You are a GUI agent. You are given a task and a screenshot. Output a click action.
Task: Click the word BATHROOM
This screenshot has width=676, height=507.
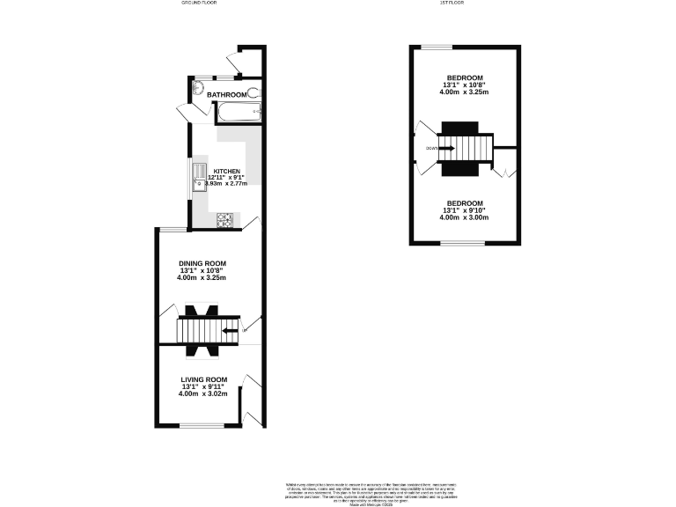click(226, 94)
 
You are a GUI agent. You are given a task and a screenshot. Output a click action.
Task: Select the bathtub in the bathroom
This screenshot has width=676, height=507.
click(236, 111)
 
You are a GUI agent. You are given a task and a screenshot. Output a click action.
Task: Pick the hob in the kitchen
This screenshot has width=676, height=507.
click(225, 219)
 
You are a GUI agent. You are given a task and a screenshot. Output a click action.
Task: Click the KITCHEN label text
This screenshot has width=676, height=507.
click(226, 171)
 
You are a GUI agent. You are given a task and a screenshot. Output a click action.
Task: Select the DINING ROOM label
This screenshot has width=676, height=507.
click(203, 263)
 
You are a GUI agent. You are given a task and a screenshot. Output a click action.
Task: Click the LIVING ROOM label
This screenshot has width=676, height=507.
click(203, 379)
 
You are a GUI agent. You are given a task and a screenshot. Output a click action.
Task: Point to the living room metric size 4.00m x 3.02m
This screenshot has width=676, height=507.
click(203, 394)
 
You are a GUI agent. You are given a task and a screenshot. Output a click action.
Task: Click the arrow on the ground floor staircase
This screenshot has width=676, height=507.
click(231, 331)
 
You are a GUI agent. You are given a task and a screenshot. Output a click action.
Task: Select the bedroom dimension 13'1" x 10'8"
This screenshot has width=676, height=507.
click(464, 84)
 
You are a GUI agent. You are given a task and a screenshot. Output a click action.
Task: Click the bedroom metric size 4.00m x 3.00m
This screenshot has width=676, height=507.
click(464, 217)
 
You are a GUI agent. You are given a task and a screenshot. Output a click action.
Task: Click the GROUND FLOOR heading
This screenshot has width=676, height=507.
click(198, 4)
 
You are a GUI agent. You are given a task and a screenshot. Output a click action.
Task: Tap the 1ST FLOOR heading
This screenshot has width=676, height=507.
click(452, 4)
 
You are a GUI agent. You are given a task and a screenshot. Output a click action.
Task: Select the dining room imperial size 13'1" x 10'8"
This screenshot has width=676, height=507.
click(203, 271)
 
